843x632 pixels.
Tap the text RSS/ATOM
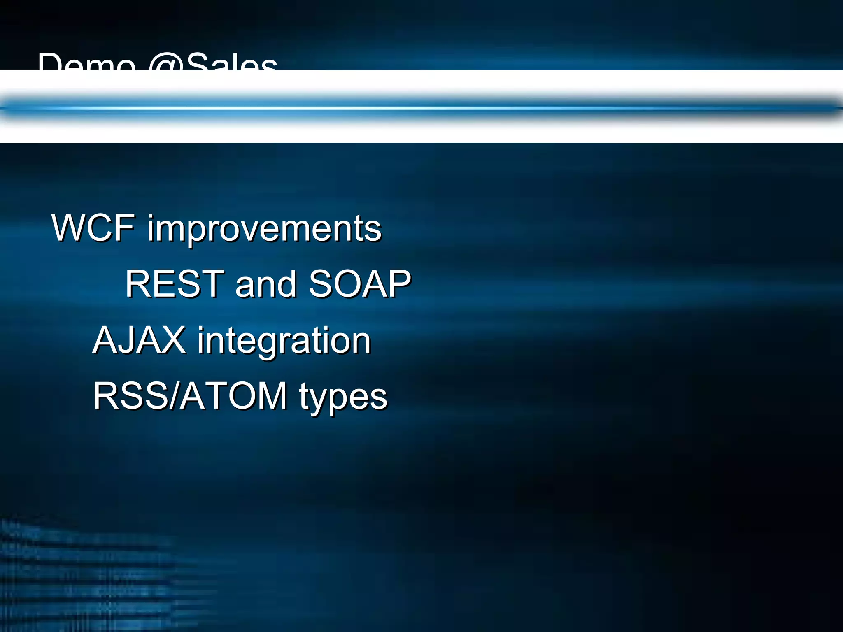point(190,395)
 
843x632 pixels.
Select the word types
point(343,397)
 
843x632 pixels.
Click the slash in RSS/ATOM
point(174,395)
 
